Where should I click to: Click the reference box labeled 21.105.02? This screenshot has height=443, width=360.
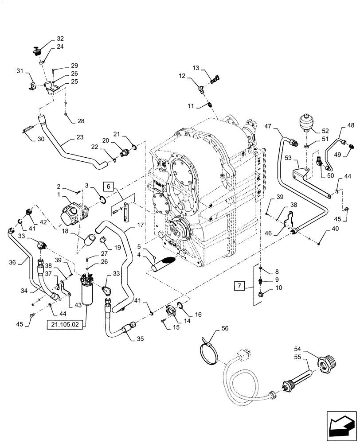pyautogui.click(x=67, y=325)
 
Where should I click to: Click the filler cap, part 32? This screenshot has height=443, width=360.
pyautogui.click(x=37, y=52)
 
